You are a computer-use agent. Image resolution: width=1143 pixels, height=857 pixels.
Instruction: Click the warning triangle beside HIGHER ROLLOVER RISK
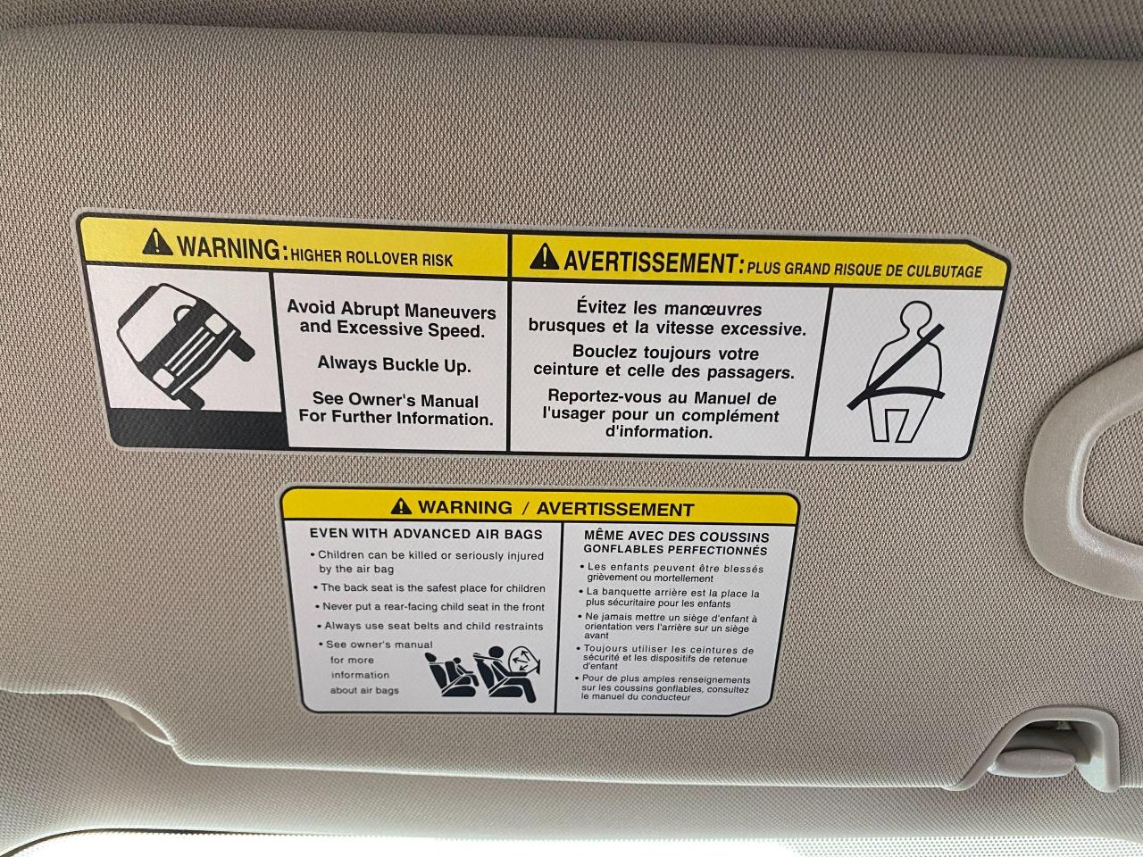157,242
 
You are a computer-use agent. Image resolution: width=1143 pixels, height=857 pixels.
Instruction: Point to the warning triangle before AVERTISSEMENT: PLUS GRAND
544,256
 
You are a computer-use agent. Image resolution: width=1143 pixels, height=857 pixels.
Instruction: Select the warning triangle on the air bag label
401,505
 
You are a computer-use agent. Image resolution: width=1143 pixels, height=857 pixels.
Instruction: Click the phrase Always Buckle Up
394,363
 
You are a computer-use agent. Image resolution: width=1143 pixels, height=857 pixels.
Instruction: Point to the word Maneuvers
450,312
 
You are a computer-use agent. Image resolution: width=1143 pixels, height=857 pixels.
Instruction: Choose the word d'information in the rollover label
659,432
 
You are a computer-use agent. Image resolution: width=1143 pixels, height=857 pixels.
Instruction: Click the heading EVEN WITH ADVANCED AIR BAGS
426,534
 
